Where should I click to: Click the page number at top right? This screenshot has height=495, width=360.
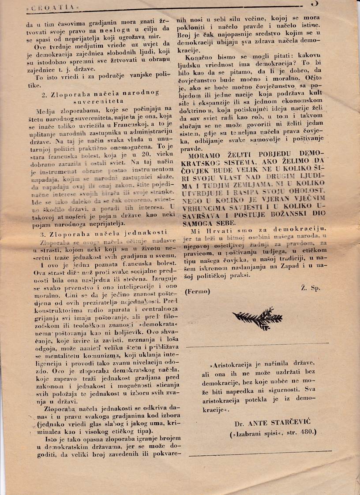(315, 4)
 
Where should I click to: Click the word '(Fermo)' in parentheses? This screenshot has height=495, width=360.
(198, 291)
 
